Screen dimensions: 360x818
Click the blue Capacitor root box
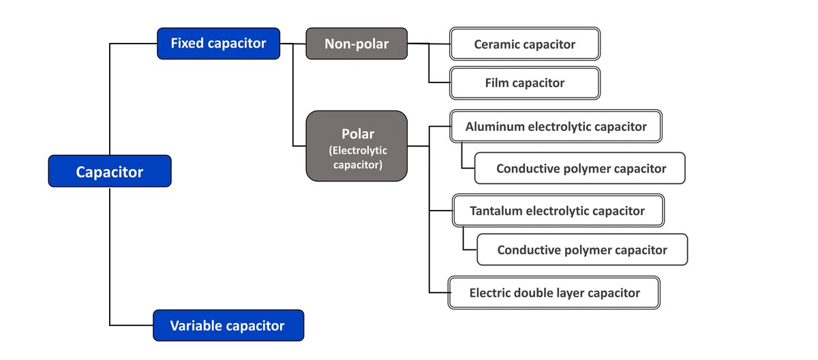pos(109,171)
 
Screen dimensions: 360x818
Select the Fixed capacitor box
pos(218,44)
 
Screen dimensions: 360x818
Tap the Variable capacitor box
pos(228,325)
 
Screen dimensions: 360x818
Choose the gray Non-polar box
pos(357,44)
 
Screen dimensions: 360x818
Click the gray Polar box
pos(357,146)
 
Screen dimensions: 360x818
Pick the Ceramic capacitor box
pos(524,44)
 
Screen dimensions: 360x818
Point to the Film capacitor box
pos(524,83)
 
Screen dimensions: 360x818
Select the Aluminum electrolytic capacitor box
pos(556,126)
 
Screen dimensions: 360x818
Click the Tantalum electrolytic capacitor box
pos(558,211)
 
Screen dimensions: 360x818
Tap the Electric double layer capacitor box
pos(554,292)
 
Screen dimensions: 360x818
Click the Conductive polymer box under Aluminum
pos(580,168)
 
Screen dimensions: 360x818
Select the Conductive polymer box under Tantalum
pos(581,250)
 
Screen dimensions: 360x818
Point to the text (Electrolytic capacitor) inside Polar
pos(357,157)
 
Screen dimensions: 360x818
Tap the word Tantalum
pos(496,211)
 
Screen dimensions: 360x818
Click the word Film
pos(497,83)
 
